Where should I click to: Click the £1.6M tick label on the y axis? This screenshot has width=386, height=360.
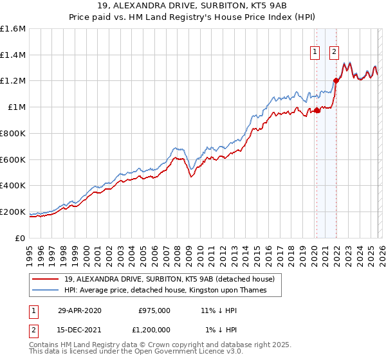point(13,29)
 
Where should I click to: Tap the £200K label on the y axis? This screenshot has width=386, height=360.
point(13,212)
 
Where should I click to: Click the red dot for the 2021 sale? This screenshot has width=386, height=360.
point(335,81)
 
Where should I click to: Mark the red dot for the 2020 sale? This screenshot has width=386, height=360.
point(317,111)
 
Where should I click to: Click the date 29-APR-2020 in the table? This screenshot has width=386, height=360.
point(79,310)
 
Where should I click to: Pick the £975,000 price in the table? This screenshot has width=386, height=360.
point(154,310)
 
